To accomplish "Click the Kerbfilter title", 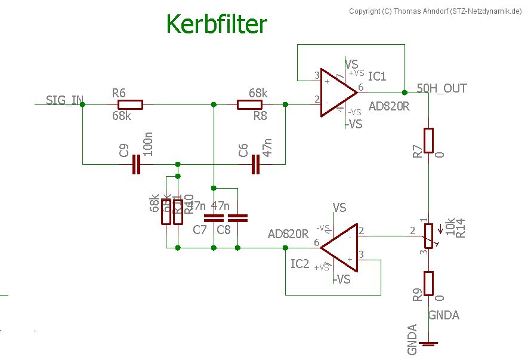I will [x=216, y=24].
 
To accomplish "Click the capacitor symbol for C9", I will [x=136, y=164].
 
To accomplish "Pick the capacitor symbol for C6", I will [x=256, y=164].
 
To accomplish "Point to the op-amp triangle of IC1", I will [x=338, y=92].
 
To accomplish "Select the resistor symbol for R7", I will [x=428, y=141].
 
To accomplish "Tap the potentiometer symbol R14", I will [x=428, y=236].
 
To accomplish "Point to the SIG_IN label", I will [x=64, y=100].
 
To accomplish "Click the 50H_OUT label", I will [x=441, y=88].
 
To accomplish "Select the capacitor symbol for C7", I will [x=213, y=217].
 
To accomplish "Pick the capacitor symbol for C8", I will [x=237, y=217].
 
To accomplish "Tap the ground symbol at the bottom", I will [x=428, y=344].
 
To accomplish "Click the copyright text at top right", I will [x=435, y=11].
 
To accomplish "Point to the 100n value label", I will [x=149, y=146].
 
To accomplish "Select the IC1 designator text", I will [x=377, y=76].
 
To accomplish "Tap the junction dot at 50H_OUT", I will [x=405, y=92].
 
